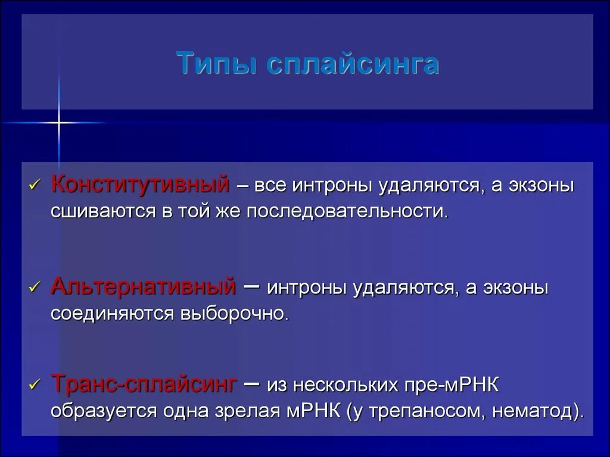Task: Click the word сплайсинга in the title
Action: tap(352, 64)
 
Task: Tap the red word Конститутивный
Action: tap(141, 184)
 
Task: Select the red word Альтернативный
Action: tap(144, 287)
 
